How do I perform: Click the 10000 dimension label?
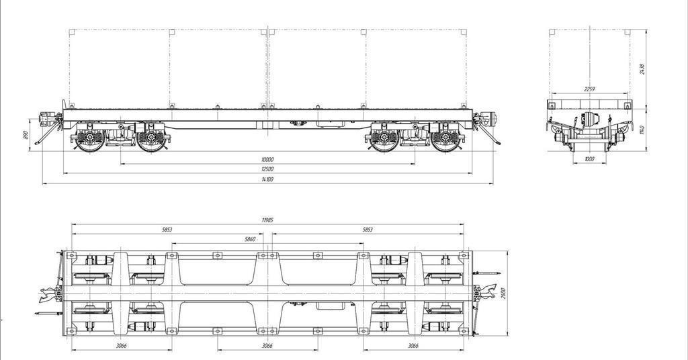(267, 160)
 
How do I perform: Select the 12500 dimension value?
(267, 169)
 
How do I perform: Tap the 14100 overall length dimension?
(267, 179)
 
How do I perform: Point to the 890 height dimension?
(26, 135)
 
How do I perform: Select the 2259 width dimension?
(589, 89)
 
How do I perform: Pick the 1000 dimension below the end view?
(589, 159)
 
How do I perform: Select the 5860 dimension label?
(250, 239)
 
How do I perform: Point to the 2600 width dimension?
(502, 294)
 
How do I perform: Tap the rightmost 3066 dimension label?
(413, 345)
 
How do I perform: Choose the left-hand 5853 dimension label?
(167, 230)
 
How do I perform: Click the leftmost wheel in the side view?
(89, 140)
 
